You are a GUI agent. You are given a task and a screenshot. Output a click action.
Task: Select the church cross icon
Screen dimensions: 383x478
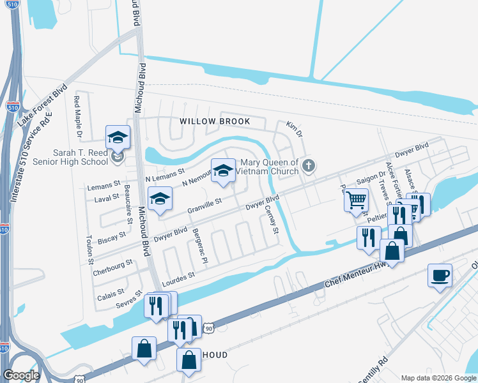(309, 167)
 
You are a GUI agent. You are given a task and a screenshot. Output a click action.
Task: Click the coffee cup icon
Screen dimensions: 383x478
(440, 276)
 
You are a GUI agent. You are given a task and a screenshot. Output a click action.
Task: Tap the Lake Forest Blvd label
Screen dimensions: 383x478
(42, 108)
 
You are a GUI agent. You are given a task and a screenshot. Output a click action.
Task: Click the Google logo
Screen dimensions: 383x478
(20, 375)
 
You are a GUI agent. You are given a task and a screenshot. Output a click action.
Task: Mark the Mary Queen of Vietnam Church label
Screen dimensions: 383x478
(268, 167)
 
